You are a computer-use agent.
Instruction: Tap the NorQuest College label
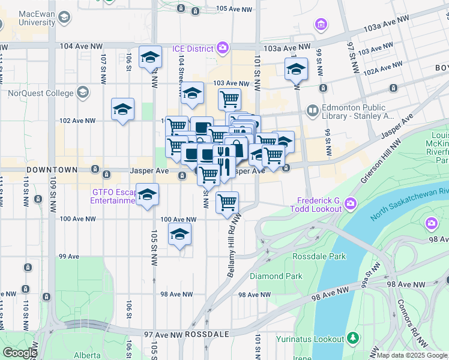pos(40,93)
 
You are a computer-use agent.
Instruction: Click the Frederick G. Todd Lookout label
pos(319,205)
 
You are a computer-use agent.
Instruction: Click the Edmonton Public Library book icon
pos(312,110)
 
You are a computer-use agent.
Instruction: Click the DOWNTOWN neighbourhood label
pos(52,170)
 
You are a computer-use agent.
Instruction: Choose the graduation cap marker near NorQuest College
pos(123,110)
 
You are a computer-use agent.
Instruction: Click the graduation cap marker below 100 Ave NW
pos(179,235)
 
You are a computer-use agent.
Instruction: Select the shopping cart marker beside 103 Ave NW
pos(229,98)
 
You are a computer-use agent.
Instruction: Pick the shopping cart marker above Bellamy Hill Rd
pos(227,203)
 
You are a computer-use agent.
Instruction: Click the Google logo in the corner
pos(20,353)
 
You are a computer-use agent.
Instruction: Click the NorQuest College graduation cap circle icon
pos(82,93)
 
